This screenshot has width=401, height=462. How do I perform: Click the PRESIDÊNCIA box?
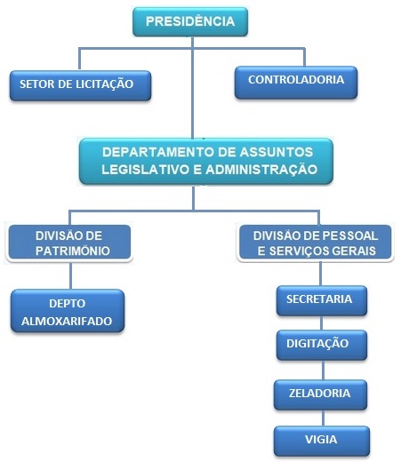[x=190, y=21]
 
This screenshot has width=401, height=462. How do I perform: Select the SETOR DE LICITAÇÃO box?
[x=80, y=85]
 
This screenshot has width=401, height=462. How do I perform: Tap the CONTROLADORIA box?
[x=296, y=82]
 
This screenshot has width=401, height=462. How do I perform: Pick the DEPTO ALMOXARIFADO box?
[x=68, y=310]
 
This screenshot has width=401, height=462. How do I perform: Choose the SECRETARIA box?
[x=322, y=300]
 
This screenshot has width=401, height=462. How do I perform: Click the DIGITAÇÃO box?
[x=322, y=345]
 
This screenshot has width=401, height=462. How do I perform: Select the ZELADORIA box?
[x=320, y=394]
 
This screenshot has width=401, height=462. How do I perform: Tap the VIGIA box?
[x=322, y=441]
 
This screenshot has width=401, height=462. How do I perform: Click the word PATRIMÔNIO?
[x=73, y=251]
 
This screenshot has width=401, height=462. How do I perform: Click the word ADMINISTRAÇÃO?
[x=261, y=169]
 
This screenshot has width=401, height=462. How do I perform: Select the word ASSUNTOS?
[x=277, y=152]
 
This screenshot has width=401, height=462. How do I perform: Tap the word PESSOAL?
[x=350, y=235]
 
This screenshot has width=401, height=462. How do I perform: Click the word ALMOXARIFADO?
[x=67, y=321]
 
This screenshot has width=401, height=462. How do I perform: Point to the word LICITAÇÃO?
[x=104, y=84]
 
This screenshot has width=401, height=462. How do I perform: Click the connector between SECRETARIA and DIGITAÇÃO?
[x=322, y=323]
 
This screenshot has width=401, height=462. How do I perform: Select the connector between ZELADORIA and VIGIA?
[x=323, y=418]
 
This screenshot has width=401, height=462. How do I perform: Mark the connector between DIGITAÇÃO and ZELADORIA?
[x=323, y=370]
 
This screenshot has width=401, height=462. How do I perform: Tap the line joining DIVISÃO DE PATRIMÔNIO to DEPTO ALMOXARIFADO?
[x=70, y=275]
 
